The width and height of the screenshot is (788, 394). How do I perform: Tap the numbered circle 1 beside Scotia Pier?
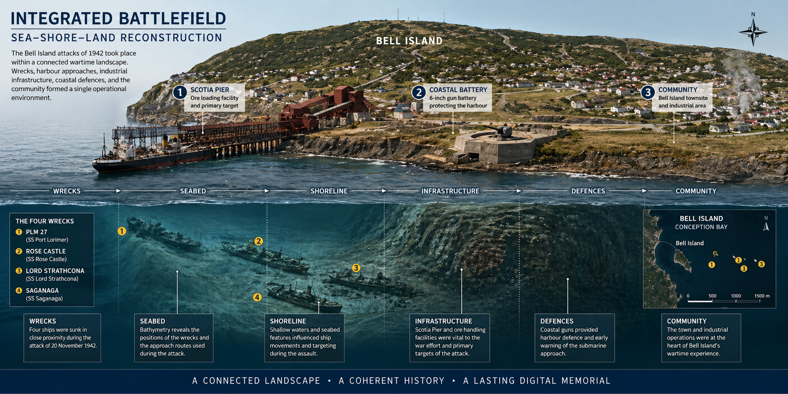click(180, 92)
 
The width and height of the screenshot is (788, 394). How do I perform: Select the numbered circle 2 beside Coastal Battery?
click(418, 92)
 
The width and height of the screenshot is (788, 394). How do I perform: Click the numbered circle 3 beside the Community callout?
click(648, 92)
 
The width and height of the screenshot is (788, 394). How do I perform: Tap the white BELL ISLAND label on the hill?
click(409, 41)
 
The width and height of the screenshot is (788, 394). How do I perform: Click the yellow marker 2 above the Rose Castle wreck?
click(259, 241)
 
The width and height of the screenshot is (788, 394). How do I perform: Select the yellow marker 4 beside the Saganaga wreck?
click(257, 297)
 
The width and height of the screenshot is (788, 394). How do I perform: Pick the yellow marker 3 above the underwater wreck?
click(356, 268)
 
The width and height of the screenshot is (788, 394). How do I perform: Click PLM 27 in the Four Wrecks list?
click(36, 232)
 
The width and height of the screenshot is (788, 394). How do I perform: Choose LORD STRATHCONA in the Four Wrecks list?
click(55, 271)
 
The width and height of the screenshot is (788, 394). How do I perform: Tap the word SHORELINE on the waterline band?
click(329, 191)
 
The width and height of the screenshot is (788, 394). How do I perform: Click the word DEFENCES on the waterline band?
click(588, 191)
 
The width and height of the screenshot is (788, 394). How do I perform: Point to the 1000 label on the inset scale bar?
click(736, 296)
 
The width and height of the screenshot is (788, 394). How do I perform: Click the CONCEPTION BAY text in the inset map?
click(701, 227)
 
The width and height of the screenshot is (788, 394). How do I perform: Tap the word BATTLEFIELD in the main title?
click(172, 19)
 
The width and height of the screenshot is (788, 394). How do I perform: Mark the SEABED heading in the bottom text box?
click(152, 321)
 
